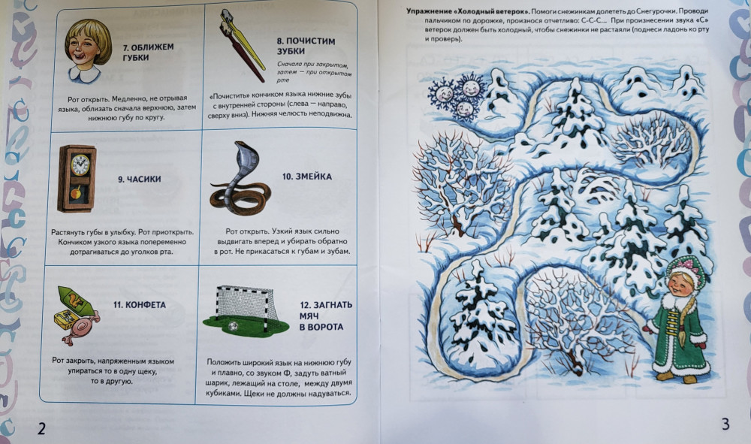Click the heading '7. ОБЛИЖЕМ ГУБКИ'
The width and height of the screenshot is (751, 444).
(x=148, y=52)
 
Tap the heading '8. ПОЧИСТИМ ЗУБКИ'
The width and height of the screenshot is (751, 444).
(x=306, y=46)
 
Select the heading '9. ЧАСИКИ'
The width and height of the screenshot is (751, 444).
(x=140, y=179)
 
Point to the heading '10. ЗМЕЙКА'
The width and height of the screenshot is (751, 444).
(x=307, y=177)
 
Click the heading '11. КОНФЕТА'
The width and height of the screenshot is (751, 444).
(x=140, y=305)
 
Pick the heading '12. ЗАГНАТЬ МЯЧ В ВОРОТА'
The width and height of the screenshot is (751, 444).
(x=326, y=316)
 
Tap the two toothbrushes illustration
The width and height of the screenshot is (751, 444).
(x=242, y=45)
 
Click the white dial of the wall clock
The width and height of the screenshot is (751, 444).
(x=80, y=165)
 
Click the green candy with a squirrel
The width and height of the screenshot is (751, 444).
(x=75, y=300)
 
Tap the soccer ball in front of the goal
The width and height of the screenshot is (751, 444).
(x=233, y=326)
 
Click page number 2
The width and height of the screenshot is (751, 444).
(x=41, y=428)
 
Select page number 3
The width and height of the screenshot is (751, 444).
(x=725, y=424)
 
